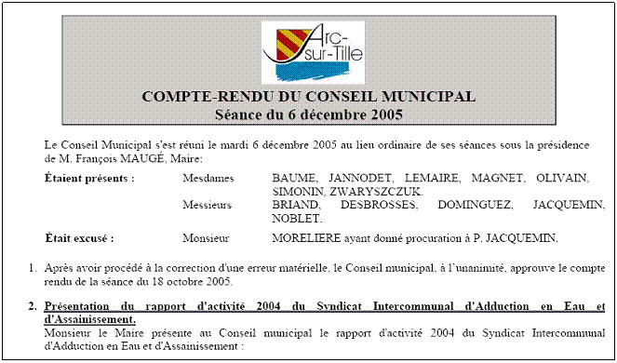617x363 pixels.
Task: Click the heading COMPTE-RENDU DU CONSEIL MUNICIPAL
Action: tap(308, 97)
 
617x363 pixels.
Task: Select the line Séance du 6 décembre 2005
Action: tap(308, 114)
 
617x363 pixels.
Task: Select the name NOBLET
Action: tap(297, 218)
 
